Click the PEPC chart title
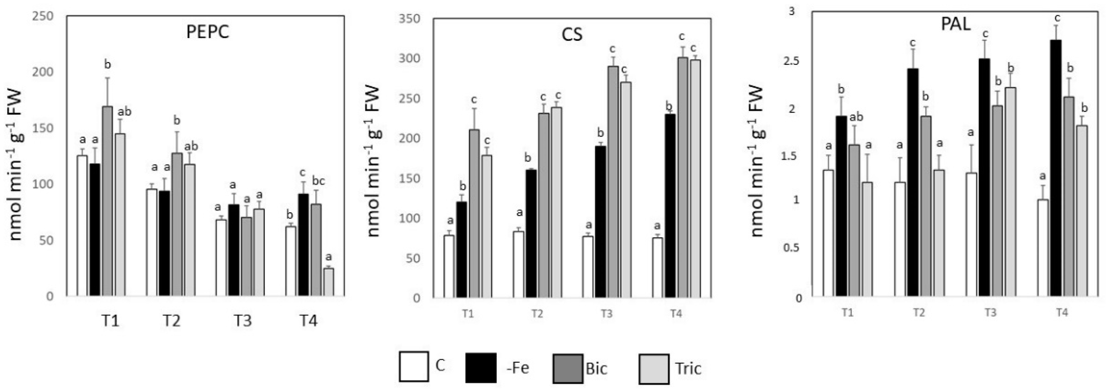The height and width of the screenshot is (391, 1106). click(x=208, y=32)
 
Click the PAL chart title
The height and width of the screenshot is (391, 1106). click(x=956, y=25)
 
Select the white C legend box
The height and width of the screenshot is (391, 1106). click(x=413, y=366)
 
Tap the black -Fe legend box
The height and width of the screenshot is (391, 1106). click(x=481, y=367)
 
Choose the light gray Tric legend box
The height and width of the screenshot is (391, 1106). click(x=654, y=369)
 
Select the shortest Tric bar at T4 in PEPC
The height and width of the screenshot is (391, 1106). click(x=329, y=282)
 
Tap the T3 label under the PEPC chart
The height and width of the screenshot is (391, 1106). click(x=243, y=321)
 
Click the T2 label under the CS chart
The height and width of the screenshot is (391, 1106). click(x=537, y=314)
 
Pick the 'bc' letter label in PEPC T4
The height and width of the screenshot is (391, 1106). click(x=318, y=181)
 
